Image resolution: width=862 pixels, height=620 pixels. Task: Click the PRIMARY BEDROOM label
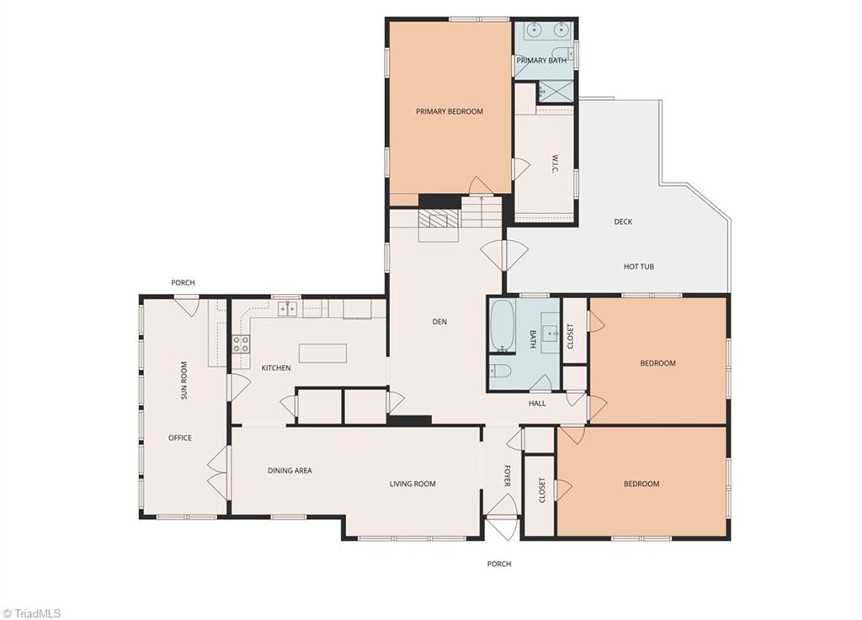450,111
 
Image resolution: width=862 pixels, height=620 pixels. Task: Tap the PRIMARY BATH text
541,61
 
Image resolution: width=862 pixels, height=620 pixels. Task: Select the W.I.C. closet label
555,163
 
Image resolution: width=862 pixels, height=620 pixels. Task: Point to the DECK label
623,222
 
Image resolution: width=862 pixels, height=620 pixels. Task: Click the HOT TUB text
638,266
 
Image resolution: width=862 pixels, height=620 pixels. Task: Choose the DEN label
439,322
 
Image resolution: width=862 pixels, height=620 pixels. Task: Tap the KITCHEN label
276,367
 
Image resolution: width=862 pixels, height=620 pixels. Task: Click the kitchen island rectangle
322,353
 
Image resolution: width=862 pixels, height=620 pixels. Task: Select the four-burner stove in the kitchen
241,345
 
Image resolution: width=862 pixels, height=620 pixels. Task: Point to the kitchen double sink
287,309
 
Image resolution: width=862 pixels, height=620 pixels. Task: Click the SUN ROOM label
184,380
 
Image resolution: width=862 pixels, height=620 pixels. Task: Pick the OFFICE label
180,438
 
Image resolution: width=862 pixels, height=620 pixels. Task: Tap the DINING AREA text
290,470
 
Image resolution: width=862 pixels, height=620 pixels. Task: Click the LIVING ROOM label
412,484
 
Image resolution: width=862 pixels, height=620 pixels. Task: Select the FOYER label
507,476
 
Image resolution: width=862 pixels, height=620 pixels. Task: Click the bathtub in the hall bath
503,326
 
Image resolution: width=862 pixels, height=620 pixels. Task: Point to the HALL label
537,404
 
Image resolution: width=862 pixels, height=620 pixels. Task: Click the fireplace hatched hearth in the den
438,220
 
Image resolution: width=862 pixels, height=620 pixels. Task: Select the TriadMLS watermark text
32,613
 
